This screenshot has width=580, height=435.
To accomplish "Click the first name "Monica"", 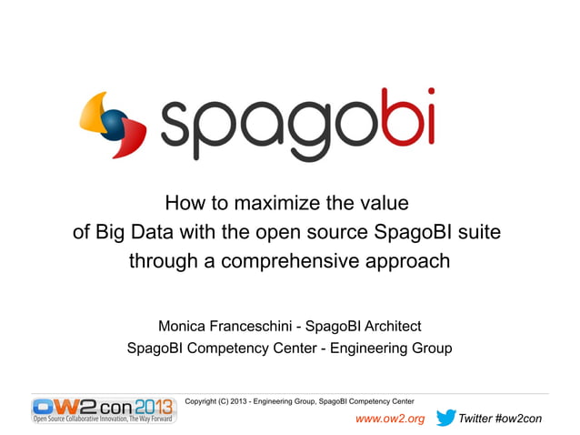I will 185,326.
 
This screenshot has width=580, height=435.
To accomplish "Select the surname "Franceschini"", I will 255,326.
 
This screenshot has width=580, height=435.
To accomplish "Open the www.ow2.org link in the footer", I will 389,419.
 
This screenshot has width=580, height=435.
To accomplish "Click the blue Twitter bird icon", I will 445,418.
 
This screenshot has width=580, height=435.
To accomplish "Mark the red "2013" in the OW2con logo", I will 152,406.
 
